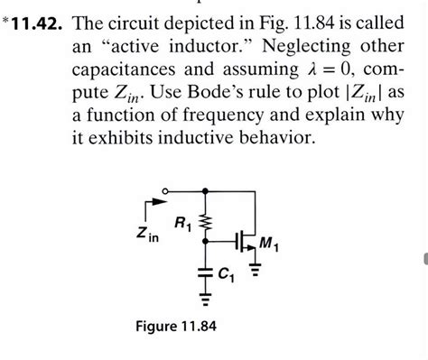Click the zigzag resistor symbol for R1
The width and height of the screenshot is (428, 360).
click(209, 222)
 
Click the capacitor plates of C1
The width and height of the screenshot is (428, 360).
click(209, 269)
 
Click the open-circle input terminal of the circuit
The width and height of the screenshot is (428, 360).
click(164, 191)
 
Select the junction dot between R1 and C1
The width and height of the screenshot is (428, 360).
click(209, 241)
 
